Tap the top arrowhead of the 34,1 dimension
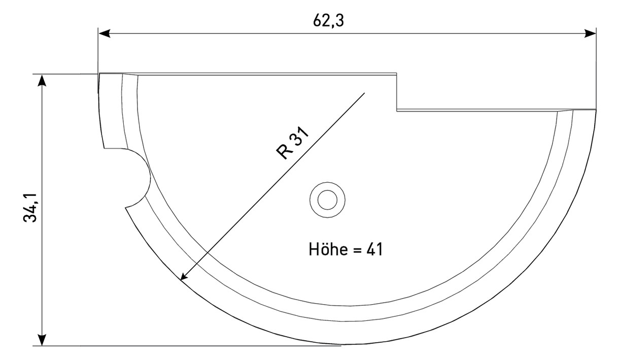point(43,81)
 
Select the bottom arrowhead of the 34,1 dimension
point(43,340)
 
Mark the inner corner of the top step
point(396,109)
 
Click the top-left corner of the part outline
point(99,74)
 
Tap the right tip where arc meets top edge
point(596,110)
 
